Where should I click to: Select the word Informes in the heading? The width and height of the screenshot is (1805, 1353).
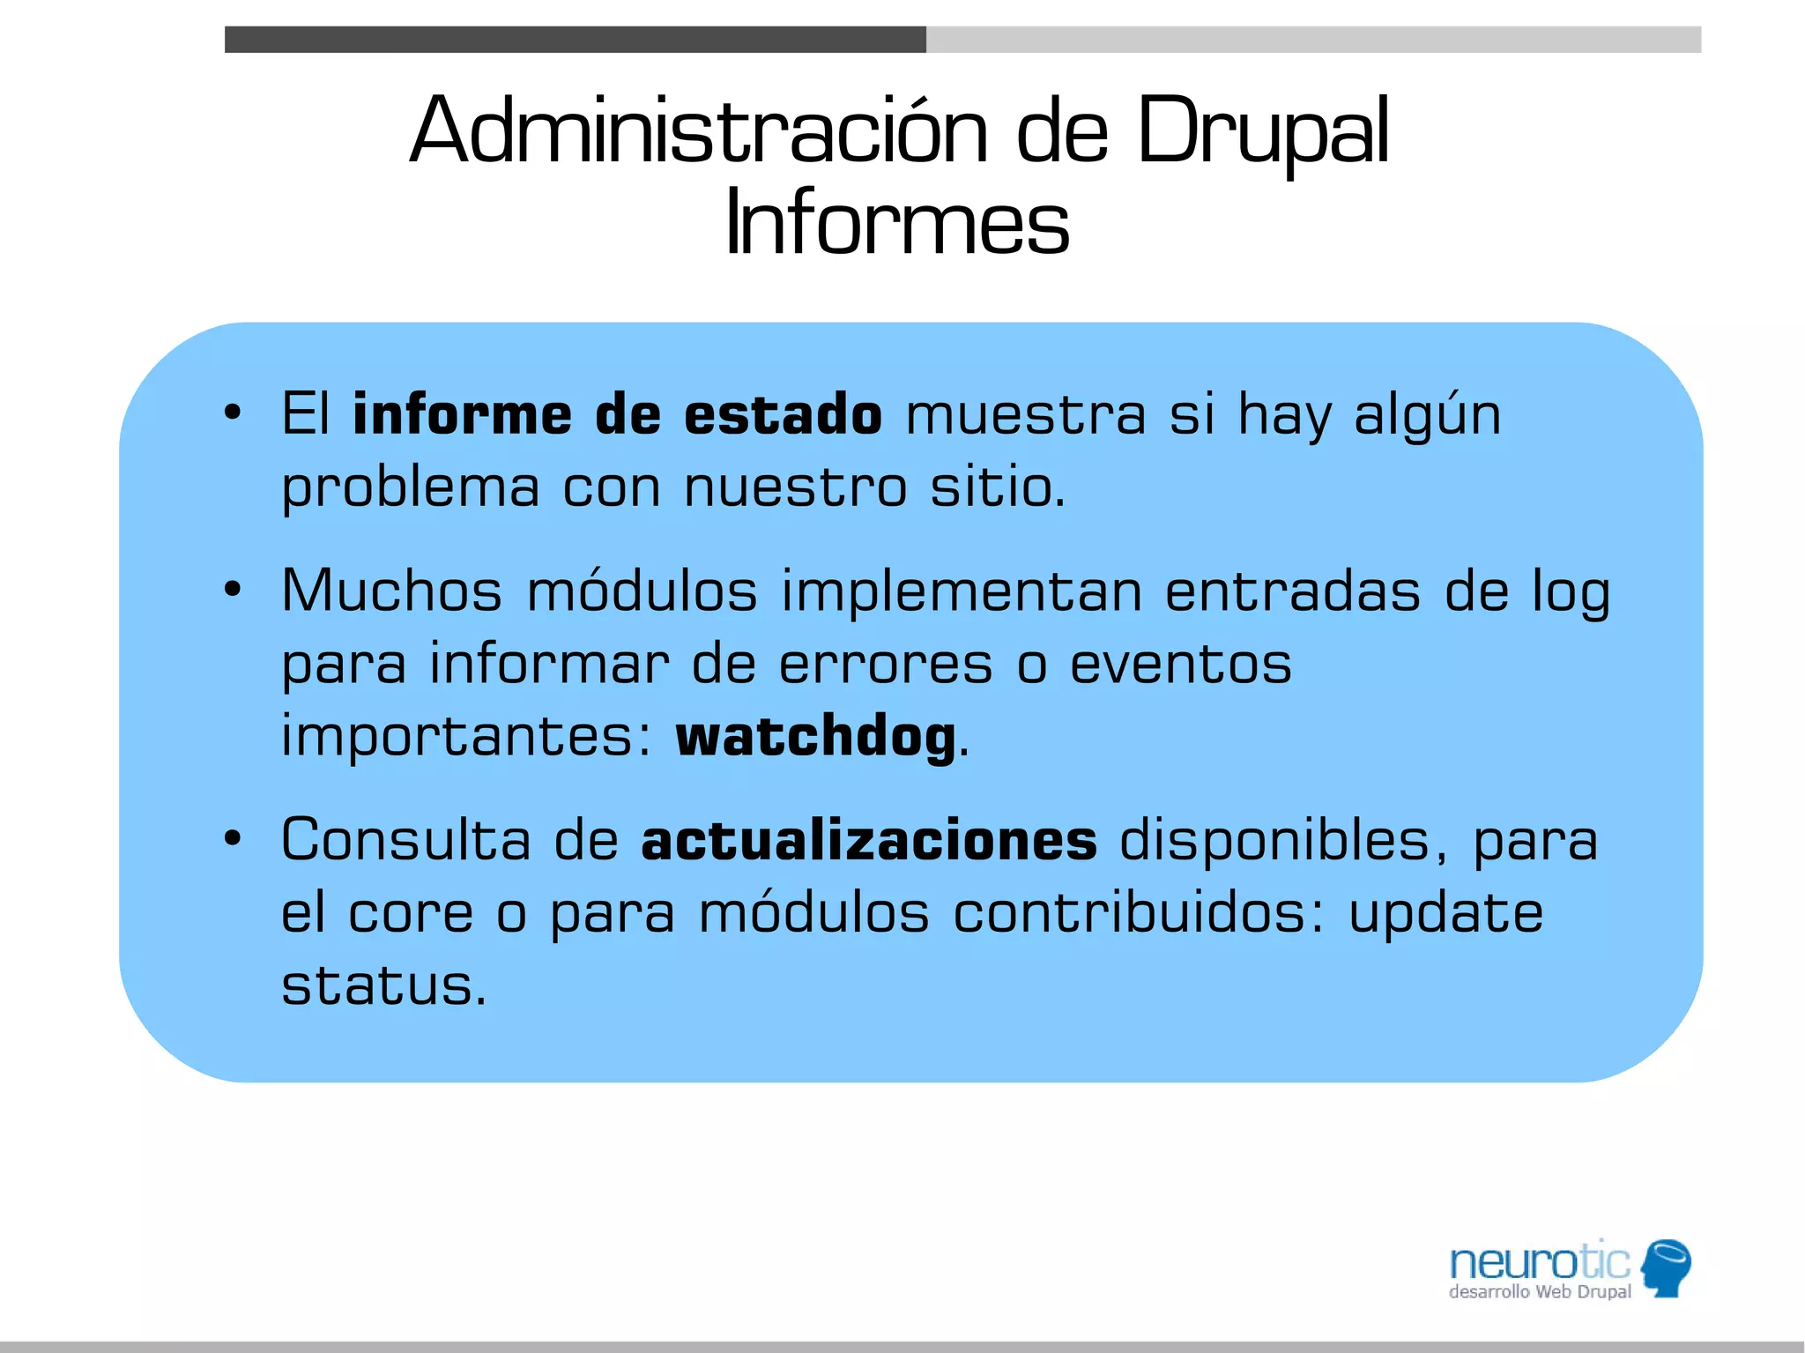pos(897,224)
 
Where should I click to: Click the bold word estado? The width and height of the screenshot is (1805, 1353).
pos(783,414)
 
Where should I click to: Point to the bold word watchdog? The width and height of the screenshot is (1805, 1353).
pos(815,736)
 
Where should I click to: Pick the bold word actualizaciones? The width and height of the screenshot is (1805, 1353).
pos(869,840)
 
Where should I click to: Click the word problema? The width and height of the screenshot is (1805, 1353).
pos(410,487)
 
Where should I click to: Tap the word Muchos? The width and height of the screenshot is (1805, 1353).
pos(391,591)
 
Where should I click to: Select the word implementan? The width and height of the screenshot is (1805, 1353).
pos(962,591)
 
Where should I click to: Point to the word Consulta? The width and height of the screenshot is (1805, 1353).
pos(405,840)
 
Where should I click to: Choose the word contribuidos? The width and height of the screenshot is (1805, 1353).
pos(1138,912)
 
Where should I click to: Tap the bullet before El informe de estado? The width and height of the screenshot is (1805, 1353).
pos(232,413)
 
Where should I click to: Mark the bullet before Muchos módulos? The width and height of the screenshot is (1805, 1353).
pos(232,589)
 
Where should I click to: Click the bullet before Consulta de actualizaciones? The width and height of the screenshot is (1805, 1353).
pos(232,838)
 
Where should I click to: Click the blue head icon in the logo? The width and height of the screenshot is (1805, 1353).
pos(1666,1268)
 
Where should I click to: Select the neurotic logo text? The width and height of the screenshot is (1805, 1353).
pos(1539,1261)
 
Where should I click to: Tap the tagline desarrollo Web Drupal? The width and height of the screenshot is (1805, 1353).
pos(1539,1292)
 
